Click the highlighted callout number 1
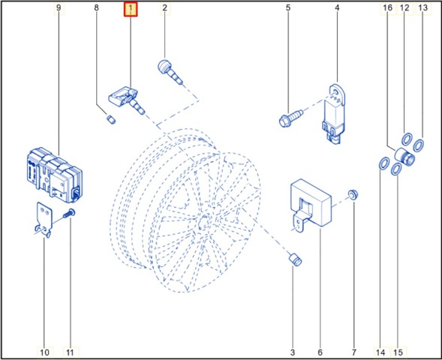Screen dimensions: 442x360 tap(131, 10)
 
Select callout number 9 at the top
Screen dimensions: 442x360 tap(59, 8)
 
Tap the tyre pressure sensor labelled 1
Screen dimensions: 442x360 tap(127, 100)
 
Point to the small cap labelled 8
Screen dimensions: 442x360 tap(111, 119)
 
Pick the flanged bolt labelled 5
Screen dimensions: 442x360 tap(290, 118)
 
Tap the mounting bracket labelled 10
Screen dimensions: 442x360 tap(44, 220)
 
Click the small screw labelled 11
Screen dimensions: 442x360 tap(69, 213)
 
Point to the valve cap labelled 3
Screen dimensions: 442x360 tap(295, 259)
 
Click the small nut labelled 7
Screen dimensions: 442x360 tap(353, 194)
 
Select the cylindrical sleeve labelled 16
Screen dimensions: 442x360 tap(404, 157)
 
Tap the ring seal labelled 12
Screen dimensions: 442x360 tap(407, 139)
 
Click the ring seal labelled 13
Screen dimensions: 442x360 tap(418, 145)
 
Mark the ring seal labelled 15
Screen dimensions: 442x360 tap(396, 169)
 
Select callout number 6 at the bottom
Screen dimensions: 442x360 tap(320, 352)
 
